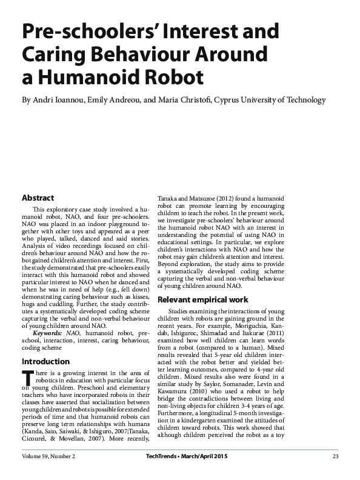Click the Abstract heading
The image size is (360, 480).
[x=38, y=198]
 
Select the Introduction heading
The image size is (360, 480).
[x=45, y=361]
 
